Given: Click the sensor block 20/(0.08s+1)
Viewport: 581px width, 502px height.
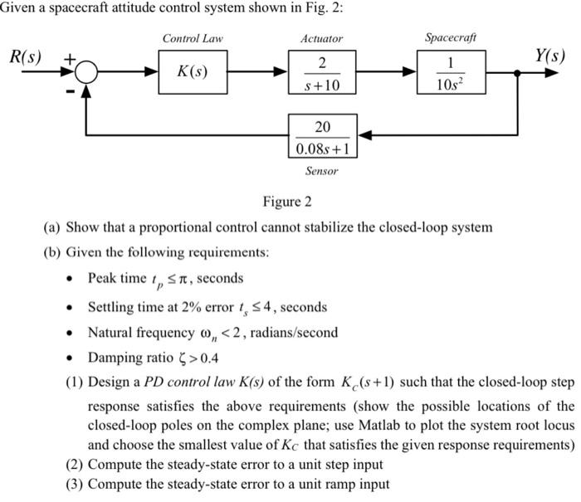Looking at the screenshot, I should coord(322,138).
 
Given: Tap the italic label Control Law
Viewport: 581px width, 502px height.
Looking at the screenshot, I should coord(192,38).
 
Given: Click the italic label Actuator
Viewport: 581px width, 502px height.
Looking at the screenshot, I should coord(322,38).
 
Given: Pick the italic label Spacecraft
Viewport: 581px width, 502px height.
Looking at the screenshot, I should coord(451,37).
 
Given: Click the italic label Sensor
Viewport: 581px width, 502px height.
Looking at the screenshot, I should coord(322,171).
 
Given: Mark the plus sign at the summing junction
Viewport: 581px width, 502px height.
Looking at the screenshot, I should coord(71,59).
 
